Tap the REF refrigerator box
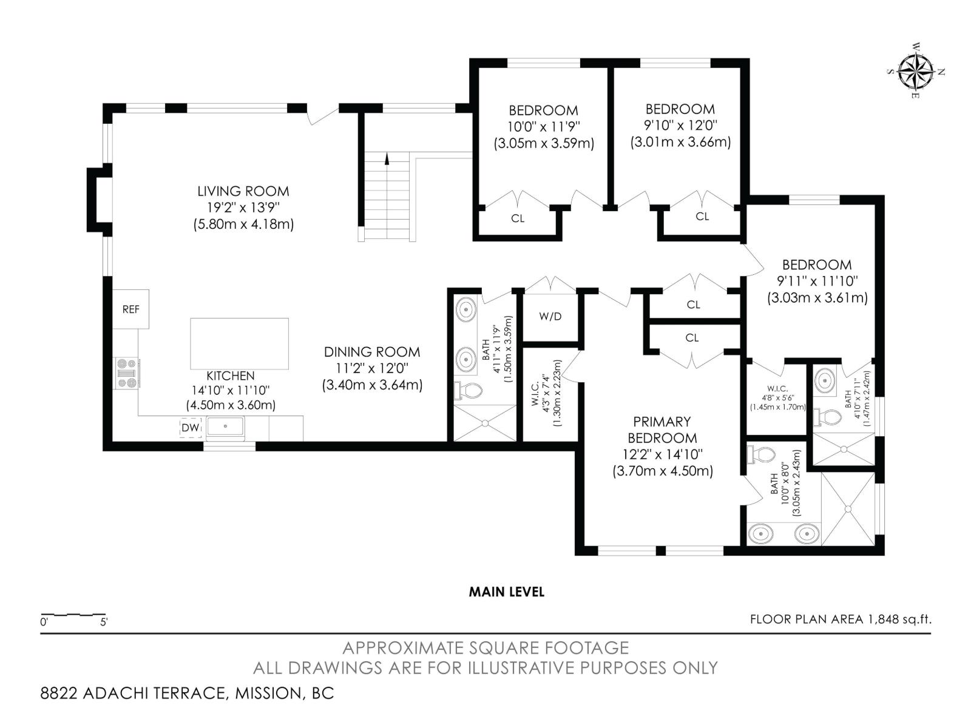(x=130, y=309)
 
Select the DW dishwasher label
(x=191, y=428)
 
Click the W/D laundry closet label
(x=550, y=317)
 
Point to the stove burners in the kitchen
(x=127, y=373)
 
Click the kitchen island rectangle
(x=239, y=343)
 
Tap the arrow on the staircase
(x=387, y=159)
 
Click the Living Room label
(x=243, y=192)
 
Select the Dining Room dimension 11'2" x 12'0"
(x=371, y=368)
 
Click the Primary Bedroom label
(x=662, y=430)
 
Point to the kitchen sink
(x=225, y=427)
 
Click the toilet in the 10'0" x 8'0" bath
(x=763, y=454)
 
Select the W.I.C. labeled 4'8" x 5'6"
(x=777, y=397)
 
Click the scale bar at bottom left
(x=73, y=615)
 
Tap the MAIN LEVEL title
(x=506, y=592)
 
